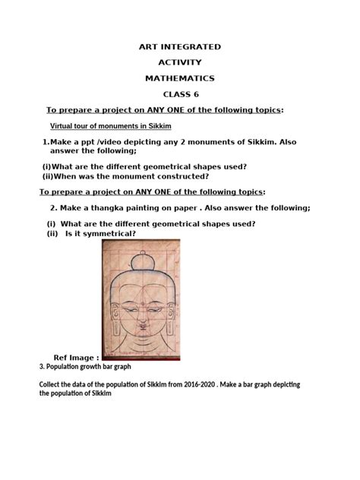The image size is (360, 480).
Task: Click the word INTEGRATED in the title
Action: [191, 47]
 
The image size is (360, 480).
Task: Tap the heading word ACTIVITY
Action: [180, 62]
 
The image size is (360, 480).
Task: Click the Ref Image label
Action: [76, 357]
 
